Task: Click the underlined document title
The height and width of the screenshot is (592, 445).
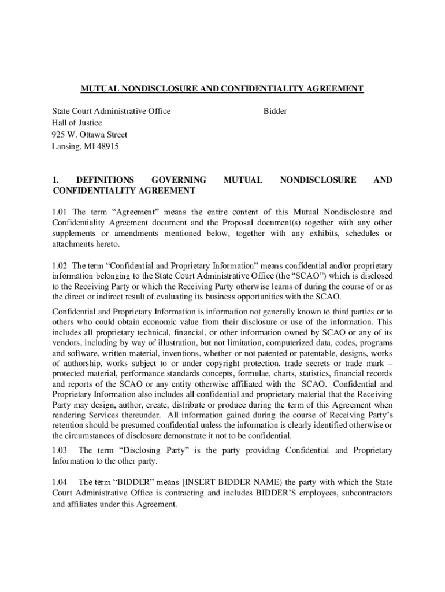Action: [222, 88]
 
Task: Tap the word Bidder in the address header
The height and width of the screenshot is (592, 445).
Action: [275, 111]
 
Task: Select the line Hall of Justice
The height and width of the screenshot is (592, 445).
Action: [77, 123]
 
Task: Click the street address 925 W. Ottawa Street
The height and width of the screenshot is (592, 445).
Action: [90, 135]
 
